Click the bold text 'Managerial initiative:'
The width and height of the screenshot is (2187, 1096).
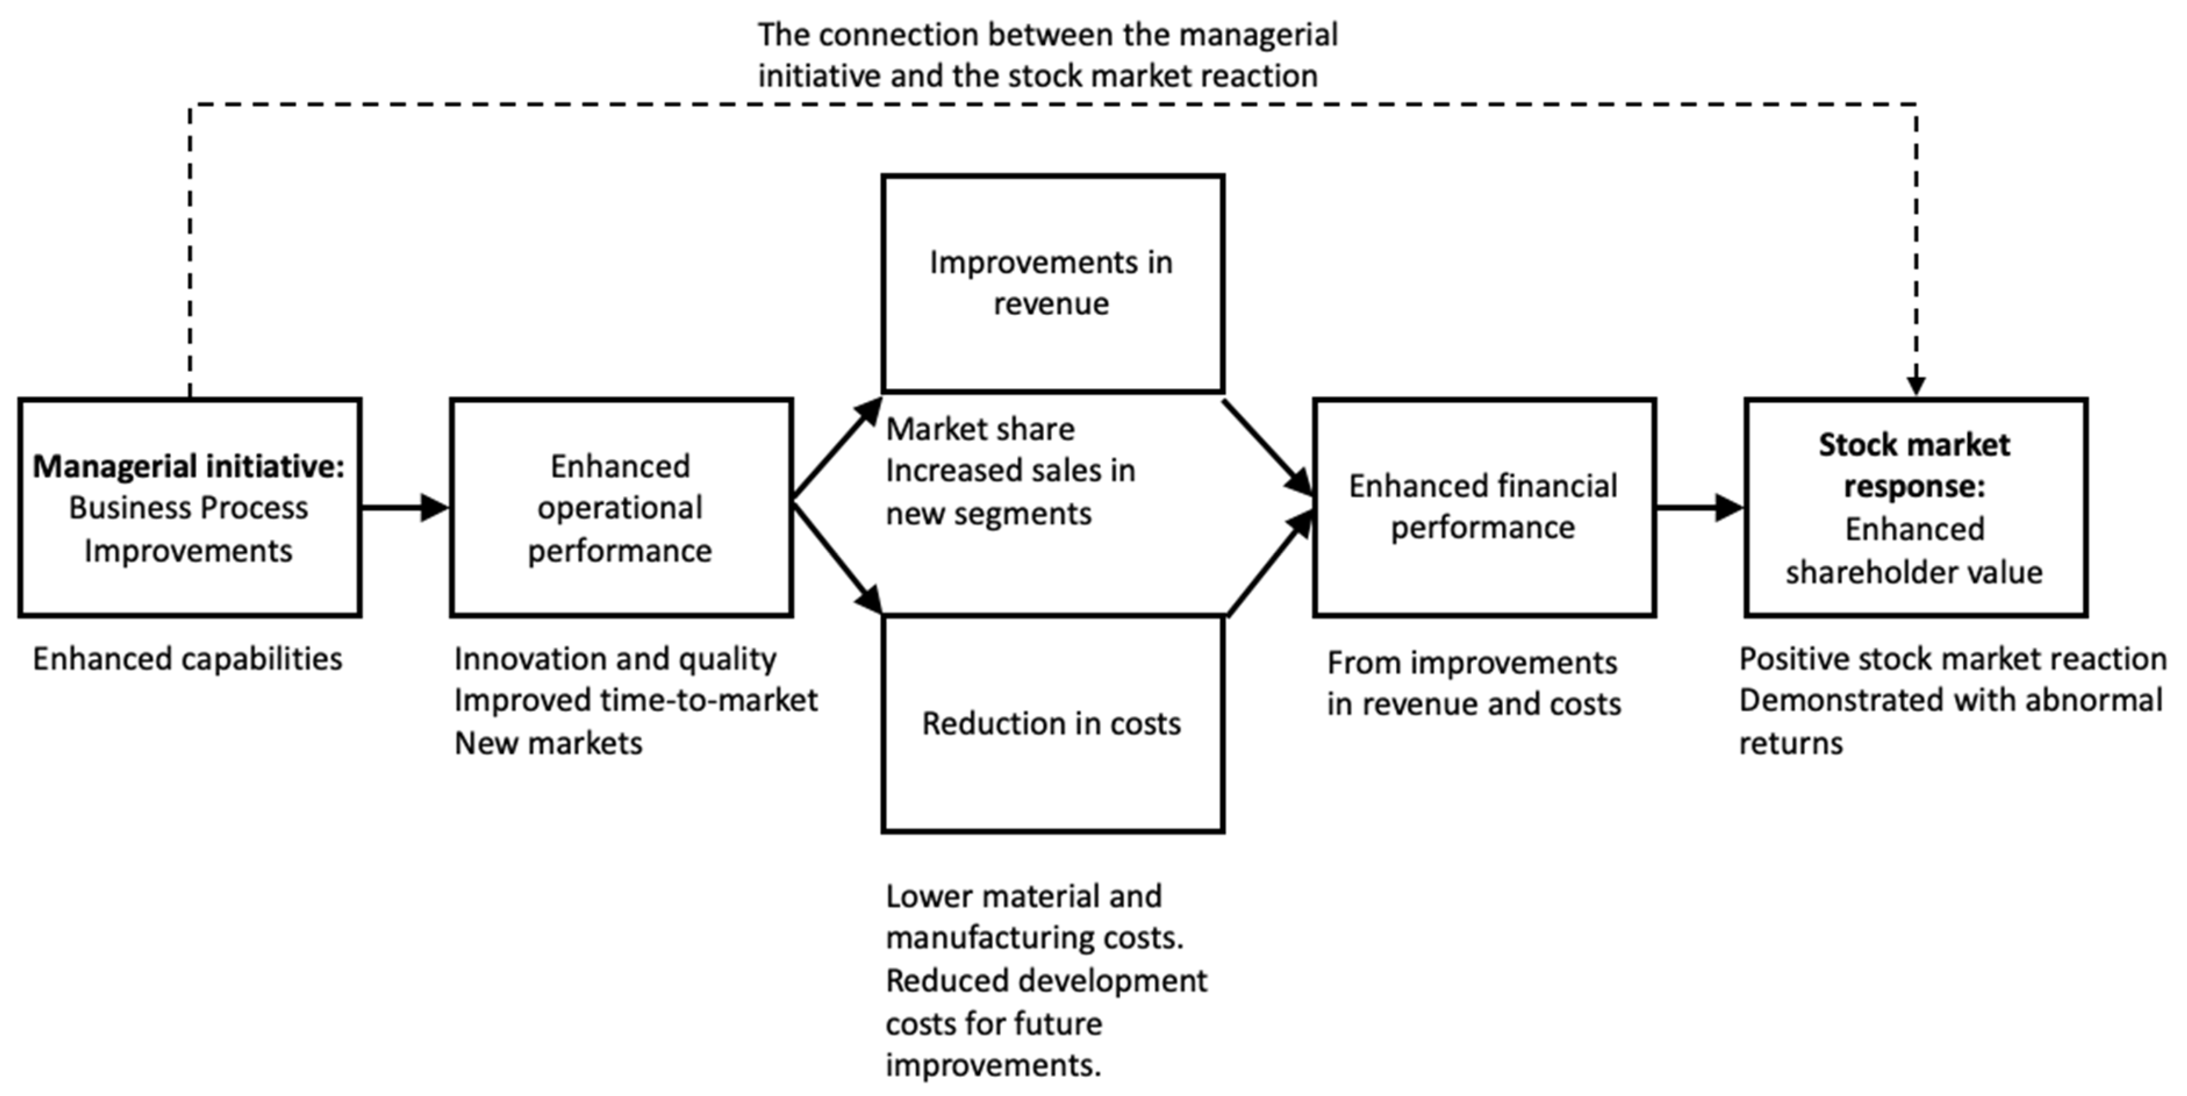click(188, 466)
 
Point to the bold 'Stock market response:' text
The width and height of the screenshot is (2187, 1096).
click(1914, 465)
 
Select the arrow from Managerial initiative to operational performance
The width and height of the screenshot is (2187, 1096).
click(405, 508)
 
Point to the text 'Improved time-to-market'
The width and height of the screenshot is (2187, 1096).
click(636, 700)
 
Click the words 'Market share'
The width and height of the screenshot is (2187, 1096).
click(980, 429)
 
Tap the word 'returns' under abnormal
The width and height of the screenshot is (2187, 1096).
click(1791, 743)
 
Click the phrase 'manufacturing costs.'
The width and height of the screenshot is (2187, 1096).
click(1034, 937)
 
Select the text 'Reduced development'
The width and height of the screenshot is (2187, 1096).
click(1046, 980)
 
